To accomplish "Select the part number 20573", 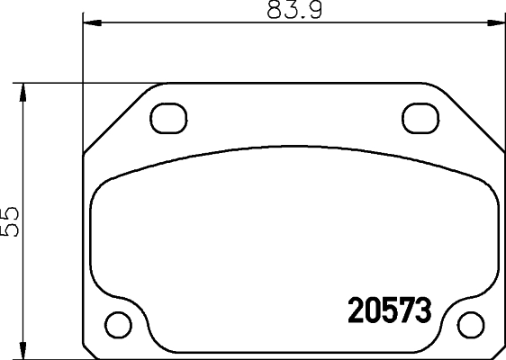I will click(390, 311).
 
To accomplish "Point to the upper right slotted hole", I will click(417, 117).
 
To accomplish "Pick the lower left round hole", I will click(117, 321).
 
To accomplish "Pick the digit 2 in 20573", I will click(356, 311).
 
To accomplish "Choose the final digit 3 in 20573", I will click(424, 311).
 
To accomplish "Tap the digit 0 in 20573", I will click(373, 311).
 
